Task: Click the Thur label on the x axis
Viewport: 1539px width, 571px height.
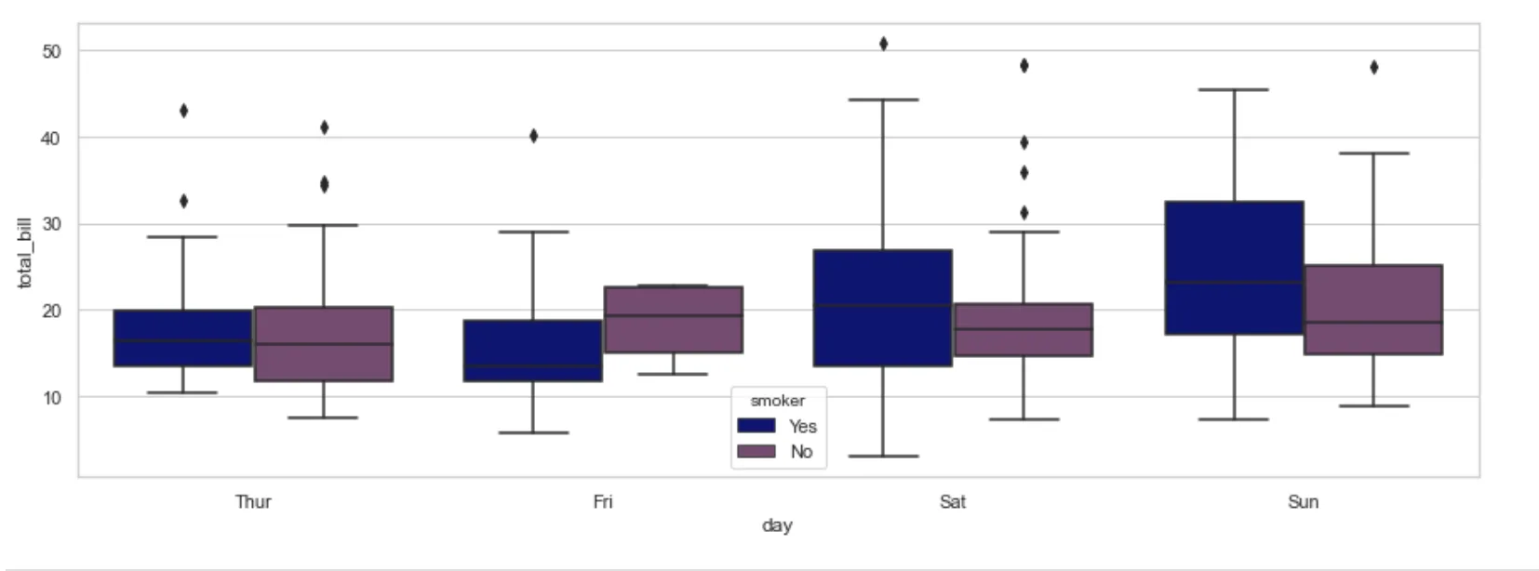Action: tap(253, 502)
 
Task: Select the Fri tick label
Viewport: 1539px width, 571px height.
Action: tap(603, 502)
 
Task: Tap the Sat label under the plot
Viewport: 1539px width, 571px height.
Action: tap(953, 502)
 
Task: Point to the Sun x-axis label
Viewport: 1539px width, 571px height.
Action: tap(1303, 502)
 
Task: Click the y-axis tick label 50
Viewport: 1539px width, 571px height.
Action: tap(51, 51)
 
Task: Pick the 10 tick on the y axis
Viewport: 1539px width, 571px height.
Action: tap(51, 397)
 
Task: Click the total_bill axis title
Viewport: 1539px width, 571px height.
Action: tap(25, 253)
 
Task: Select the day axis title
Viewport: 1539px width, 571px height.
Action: tap(777, 525)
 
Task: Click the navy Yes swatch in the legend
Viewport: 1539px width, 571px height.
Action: tap(756, 426)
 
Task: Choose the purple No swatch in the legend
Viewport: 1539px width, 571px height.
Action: tap(756, 451)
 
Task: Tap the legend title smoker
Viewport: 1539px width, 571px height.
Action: tap(778, 401)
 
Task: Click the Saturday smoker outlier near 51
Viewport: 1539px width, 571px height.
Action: tap(883, 44)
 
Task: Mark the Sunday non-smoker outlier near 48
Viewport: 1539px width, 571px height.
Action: tap(1373, 67)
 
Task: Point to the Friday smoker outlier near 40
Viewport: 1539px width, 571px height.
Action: tap(533, 136)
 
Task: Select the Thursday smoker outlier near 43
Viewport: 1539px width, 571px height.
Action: tap(183, 111)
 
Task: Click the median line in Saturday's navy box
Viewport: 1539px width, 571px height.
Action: tap(882, 305)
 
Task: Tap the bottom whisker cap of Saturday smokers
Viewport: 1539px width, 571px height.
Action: tap(883, 456)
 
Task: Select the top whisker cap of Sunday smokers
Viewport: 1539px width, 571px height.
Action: tap(1234, 90)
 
